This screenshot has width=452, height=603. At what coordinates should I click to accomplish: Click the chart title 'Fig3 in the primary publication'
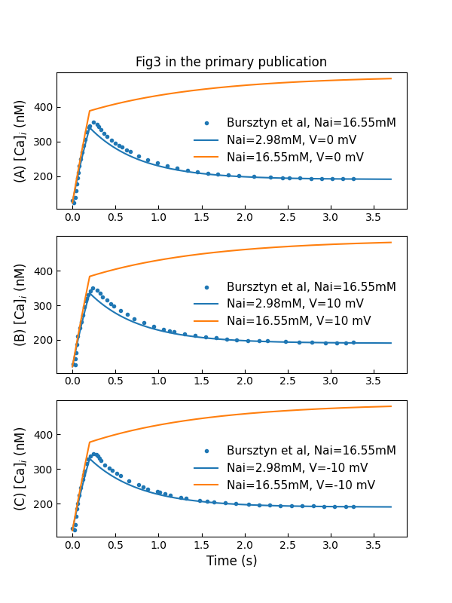pos(231,63)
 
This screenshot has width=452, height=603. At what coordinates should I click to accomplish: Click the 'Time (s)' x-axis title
pos(231,561)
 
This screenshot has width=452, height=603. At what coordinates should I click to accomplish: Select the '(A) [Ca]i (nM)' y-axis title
pos(20,141)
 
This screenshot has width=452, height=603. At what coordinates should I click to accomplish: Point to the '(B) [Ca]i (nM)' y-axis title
pos(20,305)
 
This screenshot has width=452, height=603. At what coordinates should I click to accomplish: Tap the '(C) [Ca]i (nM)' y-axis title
pos(20,468)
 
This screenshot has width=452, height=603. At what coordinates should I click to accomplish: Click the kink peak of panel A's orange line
pos(89,111)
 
